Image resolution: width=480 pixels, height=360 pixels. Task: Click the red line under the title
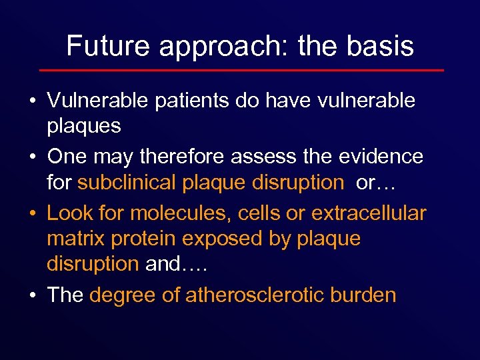click(241, 70)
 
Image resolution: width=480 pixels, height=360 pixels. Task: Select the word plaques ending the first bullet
click(83, 126)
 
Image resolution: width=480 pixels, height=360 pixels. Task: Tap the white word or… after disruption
click(376, 183)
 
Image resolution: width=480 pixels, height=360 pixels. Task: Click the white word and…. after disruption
click(177, 264)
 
